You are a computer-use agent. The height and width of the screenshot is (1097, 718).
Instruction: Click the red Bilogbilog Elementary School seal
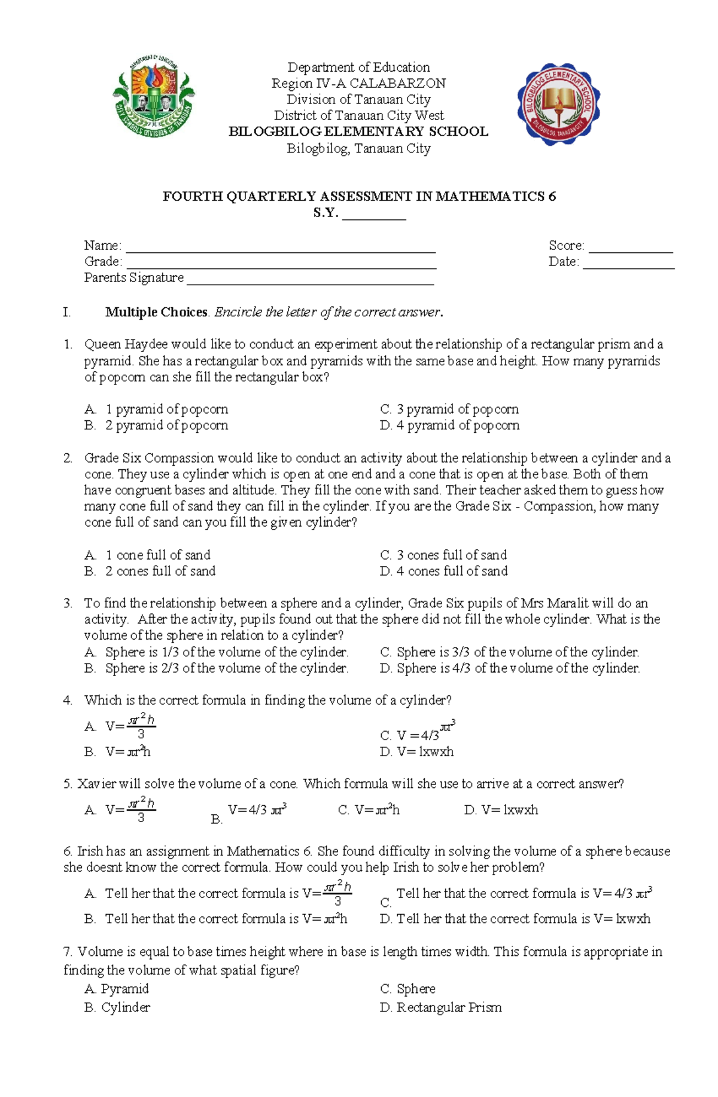(x=559, y=104)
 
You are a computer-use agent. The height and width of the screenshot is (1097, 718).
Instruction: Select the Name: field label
(x=102, y=246)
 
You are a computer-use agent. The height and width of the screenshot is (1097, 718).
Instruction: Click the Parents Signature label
(x=134, y=278)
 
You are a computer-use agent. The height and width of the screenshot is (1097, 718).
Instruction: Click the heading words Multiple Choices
(x=156, y=312)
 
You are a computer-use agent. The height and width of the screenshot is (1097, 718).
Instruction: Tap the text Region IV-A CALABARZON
(x=358, y=84)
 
